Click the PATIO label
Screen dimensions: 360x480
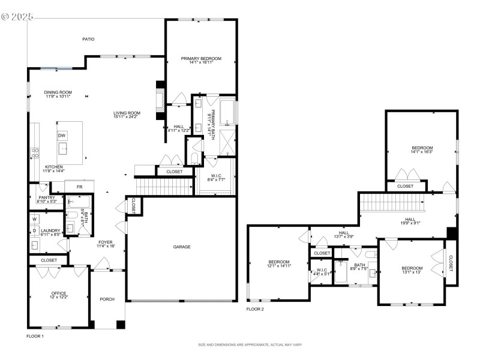click(88, 39)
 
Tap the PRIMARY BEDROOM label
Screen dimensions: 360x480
click(202, 58)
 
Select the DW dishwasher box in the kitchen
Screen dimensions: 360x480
click(62, 136)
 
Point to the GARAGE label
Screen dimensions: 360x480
click(182, 247)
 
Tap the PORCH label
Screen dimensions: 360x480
click(107, 299)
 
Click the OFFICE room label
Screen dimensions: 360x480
click(59, 293)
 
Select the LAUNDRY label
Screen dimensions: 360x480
click(50, 230)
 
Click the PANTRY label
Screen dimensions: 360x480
click(47, 197)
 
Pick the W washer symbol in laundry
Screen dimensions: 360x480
click(34, 219)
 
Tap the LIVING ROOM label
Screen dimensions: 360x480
click(127, 113)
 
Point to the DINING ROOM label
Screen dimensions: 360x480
click(58, 92)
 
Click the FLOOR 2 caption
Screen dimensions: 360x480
click(255, 309)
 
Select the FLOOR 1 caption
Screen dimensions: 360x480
click(35, 336)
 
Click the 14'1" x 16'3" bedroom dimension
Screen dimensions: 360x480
click(422, 152)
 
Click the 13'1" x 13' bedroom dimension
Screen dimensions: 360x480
click(412, 272)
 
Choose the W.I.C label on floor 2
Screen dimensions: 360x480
click(321, 269)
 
